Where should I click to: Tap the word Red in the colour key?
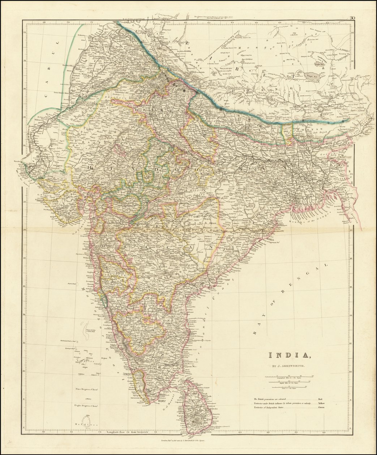(320, 399)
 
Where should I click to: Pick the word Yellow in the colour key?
(320, 403)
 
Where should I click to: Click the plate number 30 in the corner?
(352, 18)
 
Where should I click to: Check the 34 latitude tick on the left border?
(24, 32)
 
